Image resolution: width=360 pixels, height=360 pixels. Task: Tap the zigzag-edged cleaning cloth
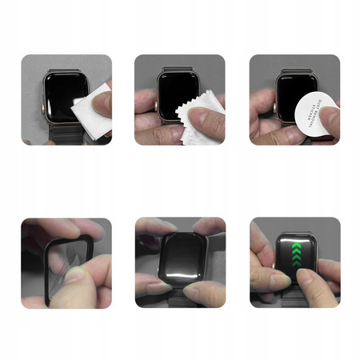191,118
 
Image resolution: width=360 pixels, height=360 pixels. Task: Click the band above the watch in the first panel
62,62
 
